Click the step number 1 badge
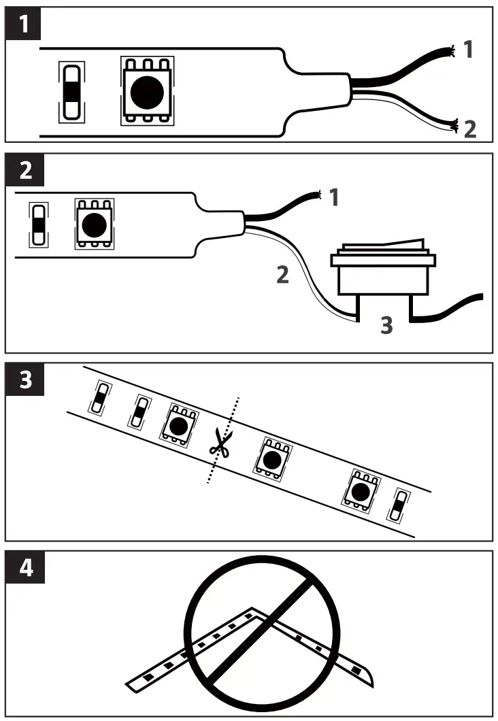tap(25, 26)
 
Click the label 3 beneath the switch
tap(386, 326)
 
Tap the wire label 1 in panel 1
tap(468, 50)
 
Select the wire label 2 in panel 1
tap(469, 128)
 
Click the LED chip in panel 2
tap(93, 222)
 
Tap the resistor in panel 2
tap(38, 224)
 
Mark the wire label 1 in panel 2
tap(333, 199)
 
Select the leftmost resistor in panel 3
tap(100, 399)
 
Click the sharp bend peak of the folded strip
tap(253, 610)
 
